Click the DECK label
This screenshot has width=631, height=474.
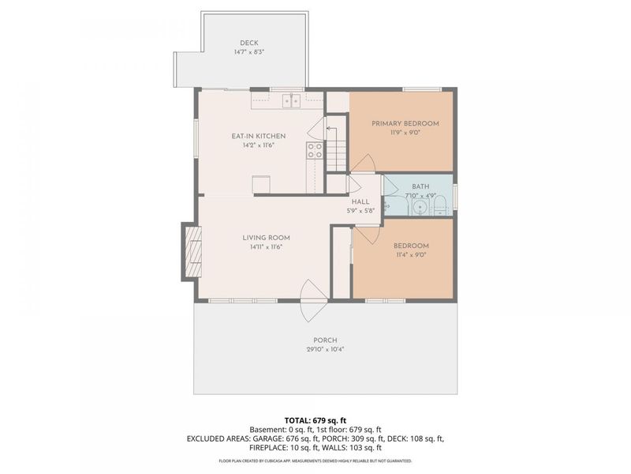click(248, 43)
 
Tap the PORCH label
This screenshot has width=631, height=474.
click(325, 340)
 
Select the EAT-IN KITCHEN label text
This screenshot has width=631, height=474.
click(259, 136)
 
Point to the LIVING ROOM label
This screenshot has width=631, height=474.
click(266, 238)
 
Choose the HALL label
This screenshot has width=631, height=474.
click(360, 201)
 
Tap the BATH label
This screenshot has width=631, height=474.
click(420, 186)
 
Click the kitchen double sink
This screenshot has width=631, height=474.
click(293, 100)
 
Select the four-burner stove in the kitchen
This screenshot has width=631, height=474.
click(315, 150)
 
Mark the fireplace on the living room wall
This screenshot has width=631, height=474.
click(192, 250)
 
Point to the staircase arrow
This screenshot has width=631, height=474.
click(331, 126)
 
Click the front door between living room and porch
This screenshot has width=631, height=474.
click(310, 300)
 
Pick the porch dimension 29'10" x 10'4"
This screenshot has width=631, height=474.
click(325, 349)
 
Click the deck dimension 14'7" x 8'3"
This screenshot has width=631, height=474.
click(248, 52)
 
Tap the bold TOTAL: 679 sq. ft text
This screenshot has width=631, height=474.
click(315, 419)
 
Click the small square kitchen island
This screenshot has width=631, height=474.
click(261, 184)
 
